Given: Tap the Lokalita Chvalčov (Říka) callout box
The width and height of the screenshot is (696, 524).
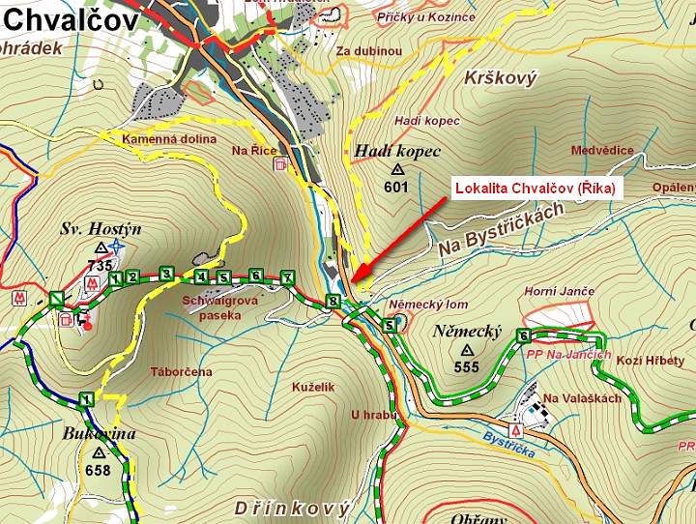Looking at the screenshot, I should [535, 188].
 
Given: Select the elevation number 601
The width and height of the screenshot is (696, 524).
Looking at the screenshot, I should [395, 187].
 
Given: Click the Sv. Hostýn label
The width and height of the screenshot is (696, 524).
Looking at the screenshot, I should [101, 229].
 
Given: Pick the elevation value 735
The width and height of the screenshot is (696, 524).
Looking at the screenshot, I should [100, 265].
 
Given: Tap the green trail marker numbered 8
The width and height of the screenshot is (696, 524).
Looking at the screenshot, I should [333, 301].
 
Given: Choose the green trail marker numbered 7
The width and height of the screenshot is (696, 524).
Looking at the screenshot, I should [286, 277].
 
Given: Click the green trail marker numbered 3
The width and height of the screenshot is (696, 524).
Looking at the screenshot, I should [166, 275].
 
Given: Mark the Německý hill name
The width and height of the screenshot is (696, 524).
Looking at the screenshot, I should [468, 332].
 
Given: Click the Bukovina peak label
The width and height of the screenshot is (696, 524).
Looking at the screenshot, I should [100, 434].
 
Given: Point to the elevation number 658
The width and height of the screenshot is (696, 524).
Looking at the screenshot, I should [99, 470].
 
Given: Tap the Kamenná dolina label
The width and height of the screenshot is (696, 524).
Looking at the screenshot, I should [169, 139].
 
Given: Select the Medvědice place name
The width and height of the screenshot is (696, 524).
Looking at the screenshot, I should [602, 150].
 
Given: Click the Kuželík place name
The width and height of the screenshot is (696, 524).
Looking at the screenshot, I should [312, 387].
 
